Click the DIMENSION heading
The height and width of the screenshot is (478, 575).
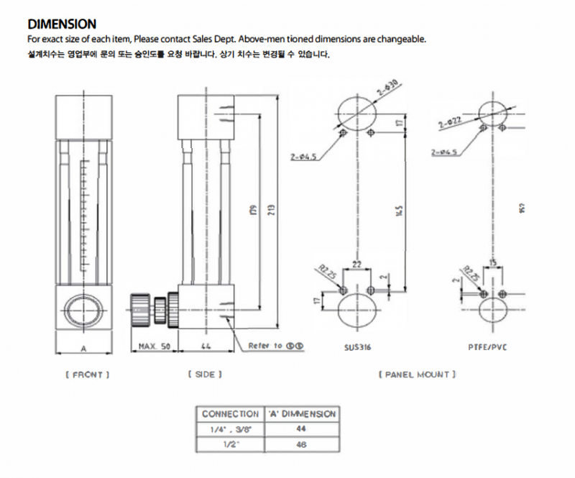pyautogui.click(x=61, y=25)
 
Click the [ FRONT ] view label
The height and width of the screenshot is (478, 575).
pyautogui.click(x=85, y=374)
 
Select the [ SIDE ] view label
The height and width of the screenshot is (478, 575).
pyautogui.click(x=205, y=374)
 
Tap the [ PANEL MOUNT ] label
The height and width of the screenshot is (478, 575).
pyautogui.click(x=418, y=374)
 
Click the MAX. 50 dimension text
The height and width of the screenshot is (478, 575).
pyautogui.click(x=154, y=346)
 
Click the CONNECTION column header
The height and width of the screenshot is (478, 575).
pyautogui.click(x=230, y=414)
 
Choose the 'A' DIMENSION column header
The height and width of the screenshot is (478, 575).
pyautogui.click(x=300, y=414)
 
